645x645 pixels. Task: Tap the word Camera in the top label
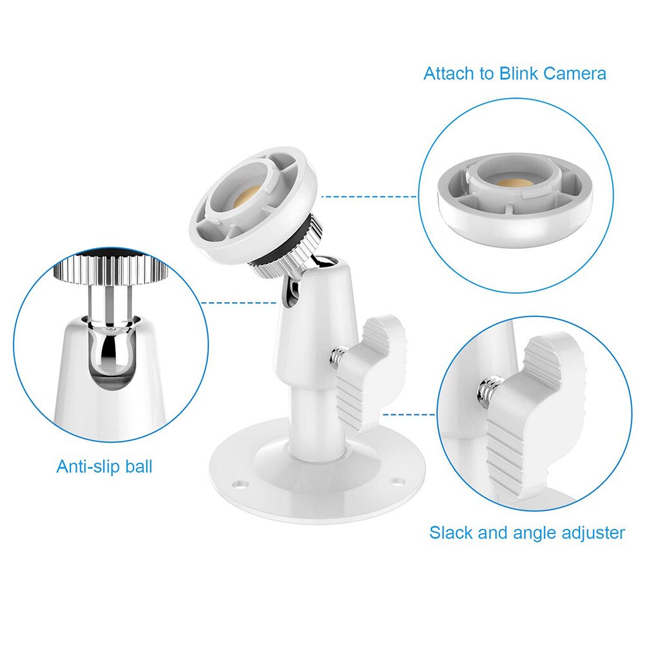click(x=575, y=73)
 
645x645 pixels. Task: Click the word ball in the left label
click(x=138, y=466)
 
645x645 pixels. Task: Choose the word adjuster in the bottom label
click(x=592, y=533)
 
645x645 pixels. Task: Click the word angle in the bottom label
click(x=535, y=533)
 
